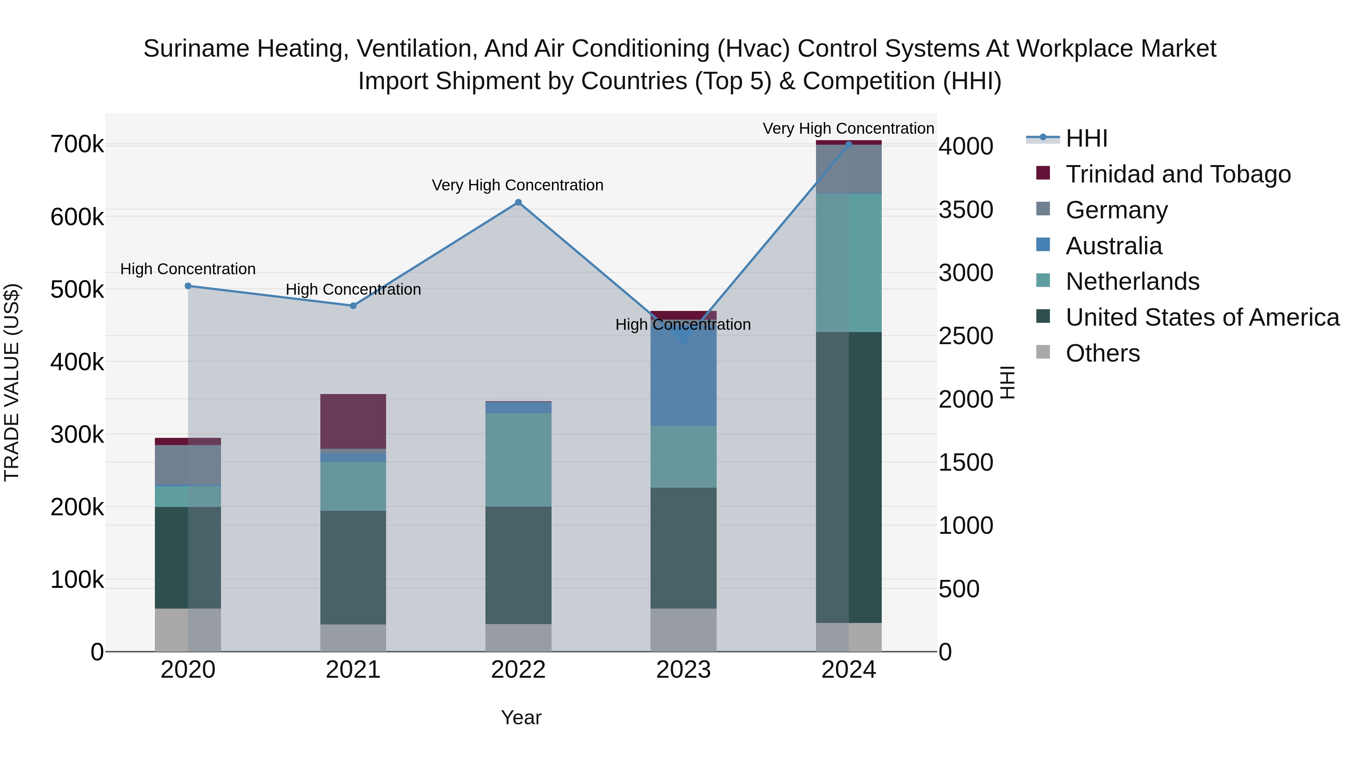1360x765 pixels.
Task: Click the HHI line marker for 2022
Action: tap(518, 202)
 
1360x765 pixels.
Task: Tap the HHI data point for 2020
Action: tap(188, 286)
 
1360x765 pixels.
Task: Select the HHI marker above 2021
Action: tap(353, 306)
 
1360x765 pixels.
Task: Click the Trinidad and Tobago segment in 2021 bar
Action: tap(353, 421)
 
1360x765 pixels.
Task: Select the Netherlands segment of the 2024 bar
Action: tap(848, 263)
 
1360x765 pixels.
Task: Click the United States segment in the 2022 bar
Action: tap(518, 565)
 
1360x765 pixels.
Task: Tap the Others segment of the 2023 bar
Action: tap(683, 629)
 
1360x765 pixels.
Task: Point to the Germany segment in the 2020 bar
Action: tap(188, 465)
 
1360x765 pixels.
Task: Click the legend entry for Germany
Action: tap(1116, 210)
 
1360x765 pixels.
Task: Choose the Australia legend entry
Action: tap(1113, 246)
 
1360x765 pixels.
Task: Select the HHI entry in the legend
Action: tap(1086, 138)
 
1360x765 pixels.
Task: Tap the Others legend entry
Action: tap(1102, 353)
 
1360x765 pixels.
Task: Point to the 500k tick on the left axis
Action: tap(77, 289)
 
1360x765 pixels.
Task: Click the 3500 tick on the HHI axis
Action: tap(966, 210)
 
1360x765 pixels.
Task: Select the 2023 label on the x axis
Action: tap(683, 670)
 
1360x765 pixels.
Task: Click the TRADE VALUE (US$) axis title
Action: tap(12, 382)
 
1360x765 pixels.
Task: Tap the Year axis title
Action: tap(521, 717)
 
